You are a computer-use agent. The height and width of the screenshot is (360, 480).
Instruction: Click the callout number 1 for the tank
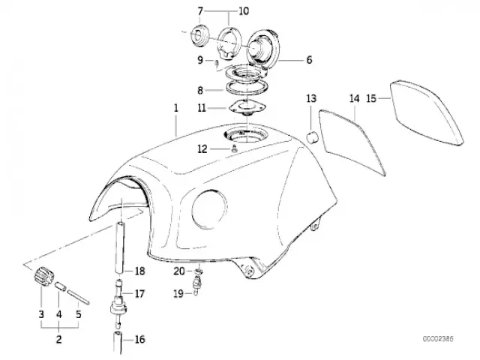pyautogui.click(x=176, y=108)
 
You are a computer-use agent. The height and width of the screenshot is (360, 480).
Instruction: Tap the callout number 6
pyautogui.click(x=309, y=60)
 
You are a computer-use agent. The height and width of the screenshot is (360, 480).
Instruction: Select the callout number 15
pyautogui.click(x=371, y=98)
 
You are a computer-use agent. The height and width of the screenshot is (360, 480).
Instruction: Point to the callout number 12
pyautogui.click(x=202, y=149)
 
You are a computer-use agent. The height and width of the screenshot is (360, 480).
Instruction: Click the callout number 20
pyautogui.click(x=179, y=271)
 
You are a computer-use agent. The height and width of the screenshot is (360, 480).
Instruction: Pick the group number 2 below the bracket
pyautogui.click(x=58, y=339)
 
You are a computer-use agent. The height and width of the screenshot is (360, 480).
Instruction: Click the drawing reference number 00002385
pyautogui.click(x=438, y=339)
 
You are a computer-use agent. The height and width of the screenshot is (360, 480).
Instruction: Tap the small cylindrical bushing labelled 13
pyautogui.click(x=313, y=136)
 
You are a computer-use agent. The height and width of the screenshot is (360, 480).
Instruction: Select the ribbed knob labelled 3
pyautogui.click(x=43, y=277)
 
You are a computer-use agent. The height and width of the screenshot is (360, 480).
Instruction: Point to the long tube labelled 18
pyautogui.click(x=121, y=247)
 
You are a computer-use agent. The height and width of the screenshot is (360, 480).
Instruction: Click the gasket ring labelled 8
pyautogui.click(x=247, y=88)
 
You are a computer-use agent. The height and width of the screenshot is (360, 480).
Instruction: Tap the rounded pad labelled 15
pyautogui.click(x=427, y=112)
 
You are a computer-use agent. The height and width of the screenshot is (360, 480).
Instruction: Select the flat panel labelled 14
pyautogui.click(x=352, y=142)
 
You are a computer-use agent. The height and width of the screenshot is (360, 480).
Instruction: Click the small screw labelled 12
pyautogui.click(x=235, y=149)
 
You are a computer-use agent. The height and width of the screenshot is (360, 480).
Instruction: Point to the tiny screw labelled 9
pyautogui.click(x=217, y=63)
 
